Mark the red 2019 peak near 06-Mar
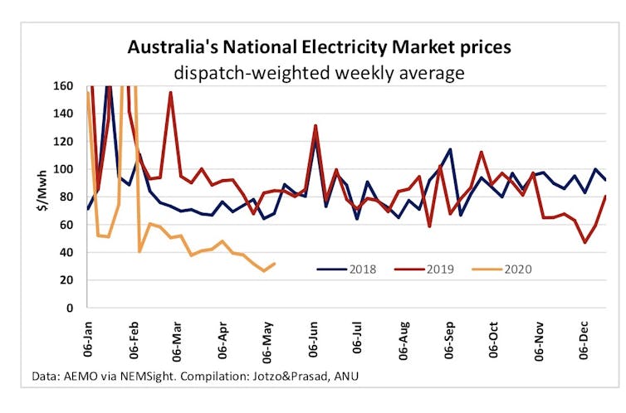point(170,92)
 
